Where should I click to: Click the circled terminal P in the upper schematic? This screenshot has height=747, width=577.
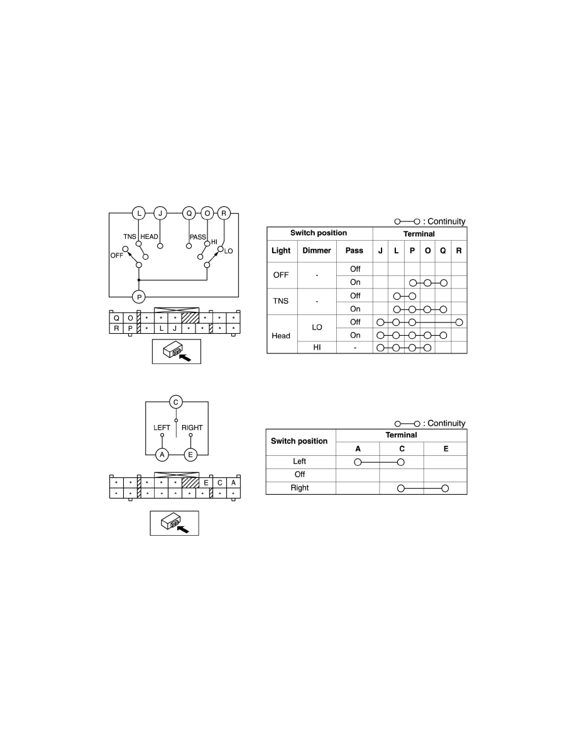tap(139, 297)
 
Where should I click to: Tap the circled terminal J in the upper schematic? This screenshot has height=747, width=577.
tap(160, 213)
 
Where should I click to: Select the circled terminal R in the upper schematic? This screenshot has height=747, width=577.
tap(224, 213)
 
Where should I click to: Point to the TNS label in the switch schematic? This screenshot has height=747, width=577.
tap(129, 236)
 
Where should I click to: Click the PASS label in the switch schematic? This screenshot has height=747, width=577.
tap(197, 237)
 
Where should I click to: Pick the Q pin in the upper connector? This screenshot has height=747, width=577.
tap(116, 318)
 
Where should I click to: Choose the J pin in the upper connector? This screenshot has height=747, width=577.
tap(175, 328)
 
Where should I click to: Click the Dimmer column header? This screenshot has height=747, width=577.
tap(317, 250)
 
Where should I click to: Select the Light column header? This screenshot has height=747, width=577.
tap(281, 251)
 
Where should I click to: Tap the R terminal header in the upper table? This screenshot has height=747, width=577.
tap(459, 251)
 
